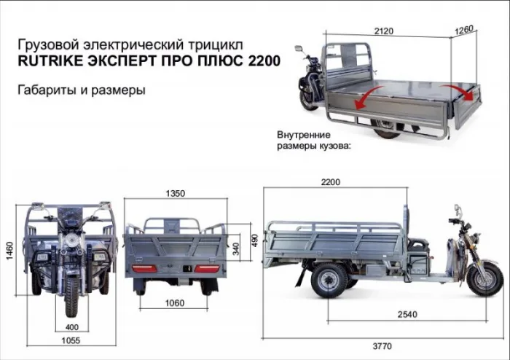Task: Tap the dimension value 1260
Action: pyautogui.click(x=464, y=31)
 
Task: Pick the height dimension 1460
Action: pyautogui.click(x=9, y=251)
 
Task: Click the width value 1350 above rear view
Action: pyautogui.click(x=175, y=193)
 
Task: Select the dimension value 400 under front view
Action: pyautogui.click(x=71, y=326)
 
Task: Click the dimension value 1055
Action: pyautogui.click(x=71, y=340)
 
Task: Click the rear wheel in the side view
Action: pyautogui.click(x=329, y=279)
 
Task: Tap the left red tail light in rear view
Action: pyautogui.click(x=144, y=268)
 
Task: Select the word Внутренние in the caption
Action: pyautogui.click(x=304, y=136)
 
